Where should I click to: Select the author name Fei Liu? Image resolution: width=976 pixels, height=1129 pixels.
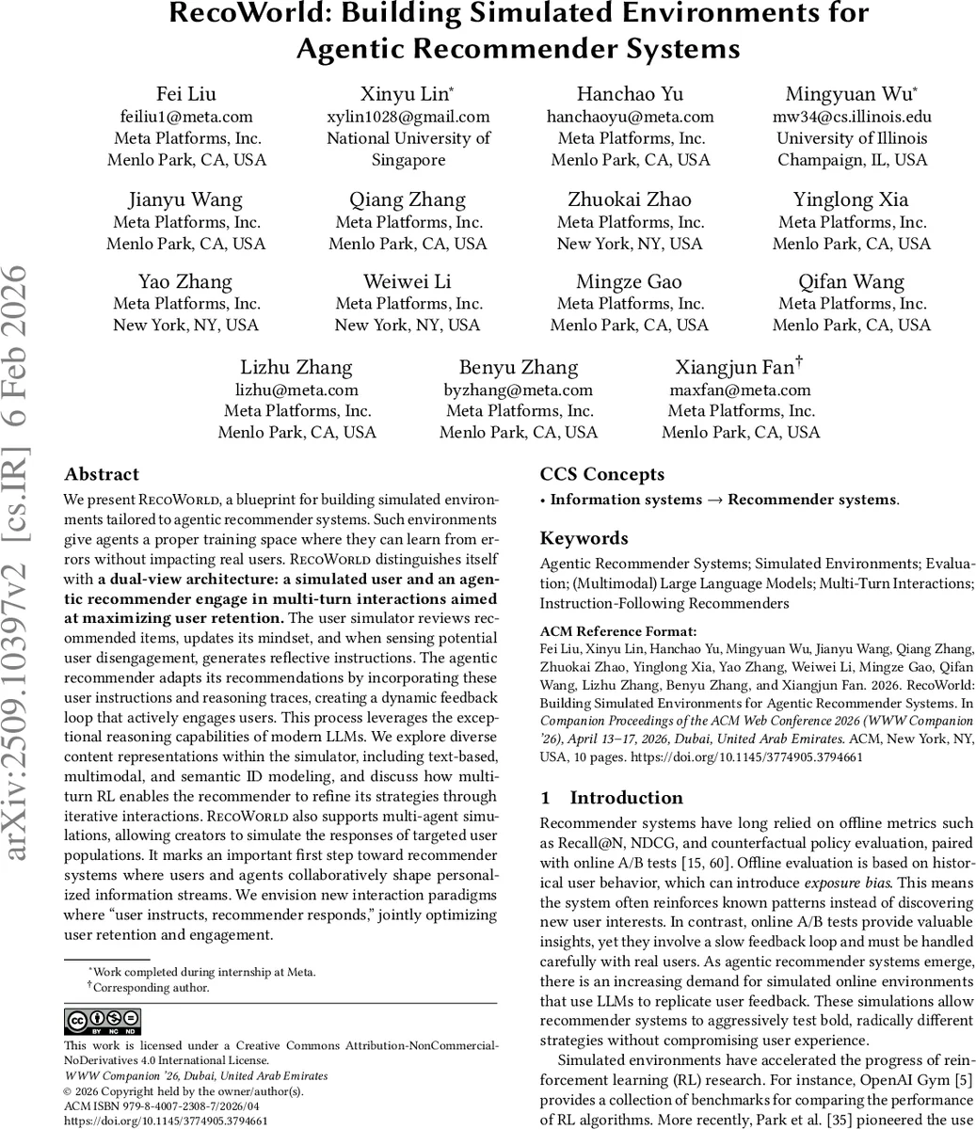point(186,94)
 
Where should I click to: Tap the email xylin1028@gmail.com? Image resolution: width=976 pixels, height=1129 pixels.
point(408,117)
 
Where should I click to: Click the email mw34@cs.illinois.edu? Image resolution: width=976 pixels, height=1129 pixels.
point(853,117)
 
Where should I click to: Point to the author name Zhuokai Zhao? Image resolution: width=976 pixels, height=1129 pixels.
point(630,199)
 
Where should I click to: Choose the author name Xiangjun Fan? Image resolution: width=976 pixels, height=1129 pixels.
point(734,367)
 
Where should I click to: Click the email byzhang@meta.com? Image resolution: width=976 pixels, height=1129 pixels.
point(519,390)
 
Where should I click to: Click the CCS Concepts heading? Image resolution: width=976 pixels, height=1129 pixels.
point(601,474)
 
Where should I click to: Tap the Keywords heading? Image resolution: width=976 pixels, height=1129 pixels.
point(584,538)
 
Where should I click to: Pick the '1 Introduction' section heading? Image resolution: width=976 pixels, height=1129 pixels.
point(612,798)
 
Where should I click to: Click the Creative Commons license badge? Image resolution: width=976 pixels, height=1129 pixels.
point(103,1022)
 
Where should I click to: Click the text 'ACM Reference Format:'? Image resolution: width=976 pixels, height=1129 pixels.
point(618,631)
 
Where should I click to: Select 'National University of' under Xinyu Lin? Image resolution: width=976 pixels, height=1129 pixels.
point(408,138)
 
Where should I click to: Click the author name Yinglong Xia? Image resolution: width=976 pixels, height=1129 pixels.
point(851,199)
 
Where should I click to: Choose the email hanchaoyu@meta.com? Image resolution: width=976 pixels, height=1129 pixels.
point(630,117)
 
